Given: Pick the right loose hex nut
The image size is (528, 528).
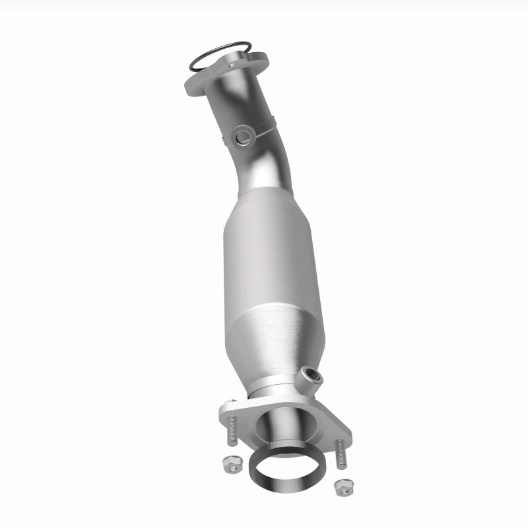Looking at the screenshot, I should pyautogui.click(x=341, y=489).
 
